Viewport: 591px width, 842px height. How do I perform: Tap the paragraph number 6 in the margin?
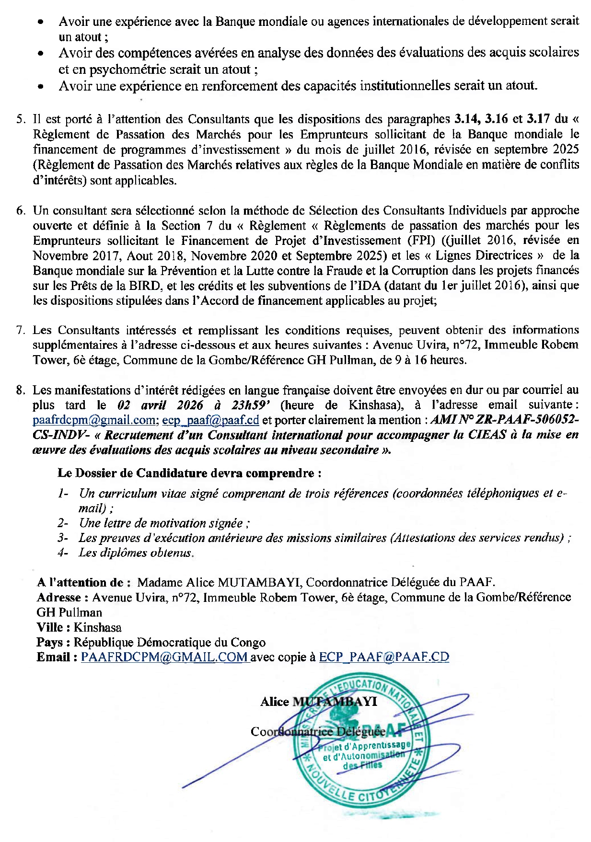(20, 210)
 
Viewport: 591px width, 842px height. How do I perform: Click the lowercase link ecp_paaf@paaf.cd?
(210, 420)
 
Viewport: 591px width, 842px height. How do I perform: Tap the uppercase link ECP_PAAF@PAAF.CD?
(384, 657)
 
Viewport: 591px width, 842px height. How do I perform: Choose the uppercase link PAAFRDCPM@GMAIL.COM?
(164, 657)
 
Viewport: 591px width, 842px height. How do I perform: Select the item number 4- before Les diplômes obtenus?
(63, 553)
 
